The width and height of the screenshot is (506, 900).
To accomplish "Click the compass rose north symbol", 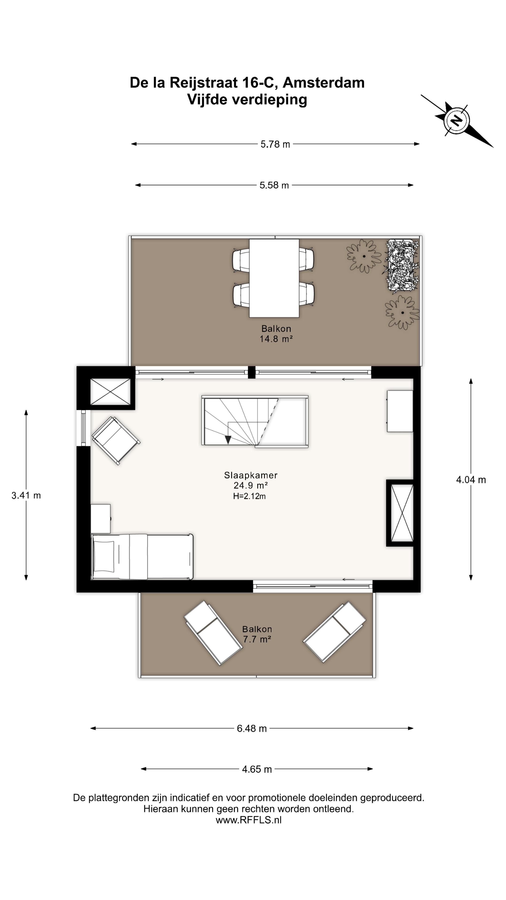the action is tap(456, 120).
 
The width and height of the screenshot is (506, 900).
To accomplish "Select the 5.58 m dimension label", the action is tap(274, 185).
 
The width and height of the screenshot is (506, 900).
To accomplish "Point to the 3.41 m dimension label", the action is tap(26, 495).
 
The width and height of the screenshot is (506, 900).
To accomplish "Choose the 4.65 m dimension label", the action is tap(257, 769).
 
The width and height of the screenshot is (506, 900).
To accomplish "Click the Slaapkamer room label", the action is tap(251, 475).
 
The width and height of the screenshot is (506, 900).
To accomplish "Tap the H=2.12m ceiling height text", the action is tap(249, 496).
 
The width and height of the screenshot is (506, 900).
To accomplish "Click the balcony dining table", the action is tap(274, 278).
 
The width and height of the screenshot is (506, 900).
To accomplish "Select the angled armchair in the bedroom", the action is tap(116, 441).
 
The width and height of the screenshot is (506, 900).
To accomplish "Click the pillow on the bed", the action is tap(104, 557).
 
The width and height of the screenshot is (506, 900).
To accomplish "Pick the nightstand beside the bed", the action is tap(100, 519).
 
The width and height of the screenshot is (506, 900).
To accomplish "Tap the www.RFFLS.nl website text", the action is tap(249, 820).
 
